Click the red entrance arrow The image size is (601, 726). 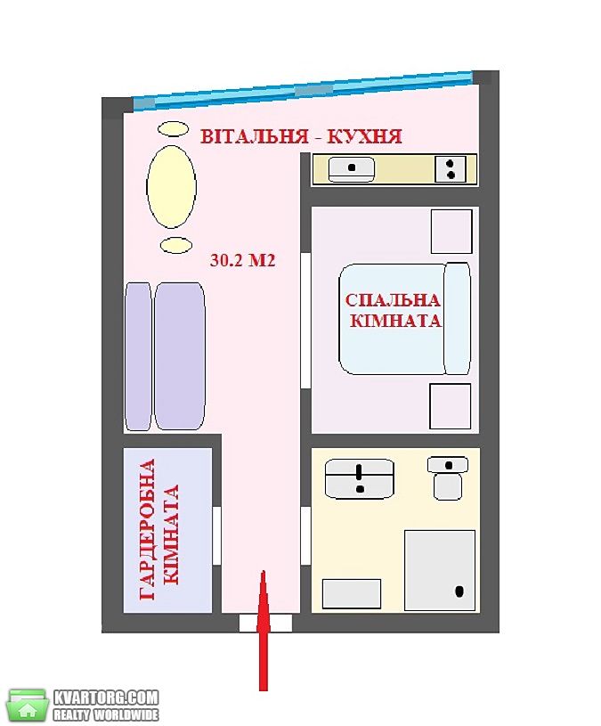click(264, 630)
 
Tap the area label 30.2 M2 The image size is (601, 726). click(242, 260)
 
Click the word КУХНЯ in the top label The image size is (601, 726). click(364, 136)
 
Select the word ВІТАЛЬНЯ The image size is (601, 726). click(254, 136)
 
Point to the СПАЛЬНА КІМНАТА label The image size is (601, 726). click(394, 310)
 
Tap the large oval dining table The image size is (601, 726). click(171, 186)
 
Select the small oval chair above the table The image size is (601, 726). click(173, 128)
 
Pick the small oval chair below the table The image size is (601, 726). click(176, 245)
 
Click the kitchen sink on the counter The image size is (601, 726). click(352, 169)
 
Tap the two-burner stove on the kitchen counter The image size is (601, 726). click(451, 169)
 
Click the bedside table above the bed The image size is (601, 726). click(451, 231)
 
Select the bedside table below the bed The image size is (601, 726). click(451, 406)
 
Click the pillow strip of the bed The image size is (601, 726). click(457, 319)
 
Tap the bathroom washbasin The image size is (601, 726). click(360, 478)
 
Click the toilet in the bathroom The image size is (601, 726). click(448, 477)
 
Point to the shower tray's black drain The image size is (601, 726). click(459, 591)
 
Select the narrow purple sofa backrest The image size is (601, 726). click(138, 356)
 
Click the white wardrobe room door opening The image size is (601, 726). click(216, 535)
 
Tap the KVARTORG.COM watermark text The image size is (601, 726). click(106, 697)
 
